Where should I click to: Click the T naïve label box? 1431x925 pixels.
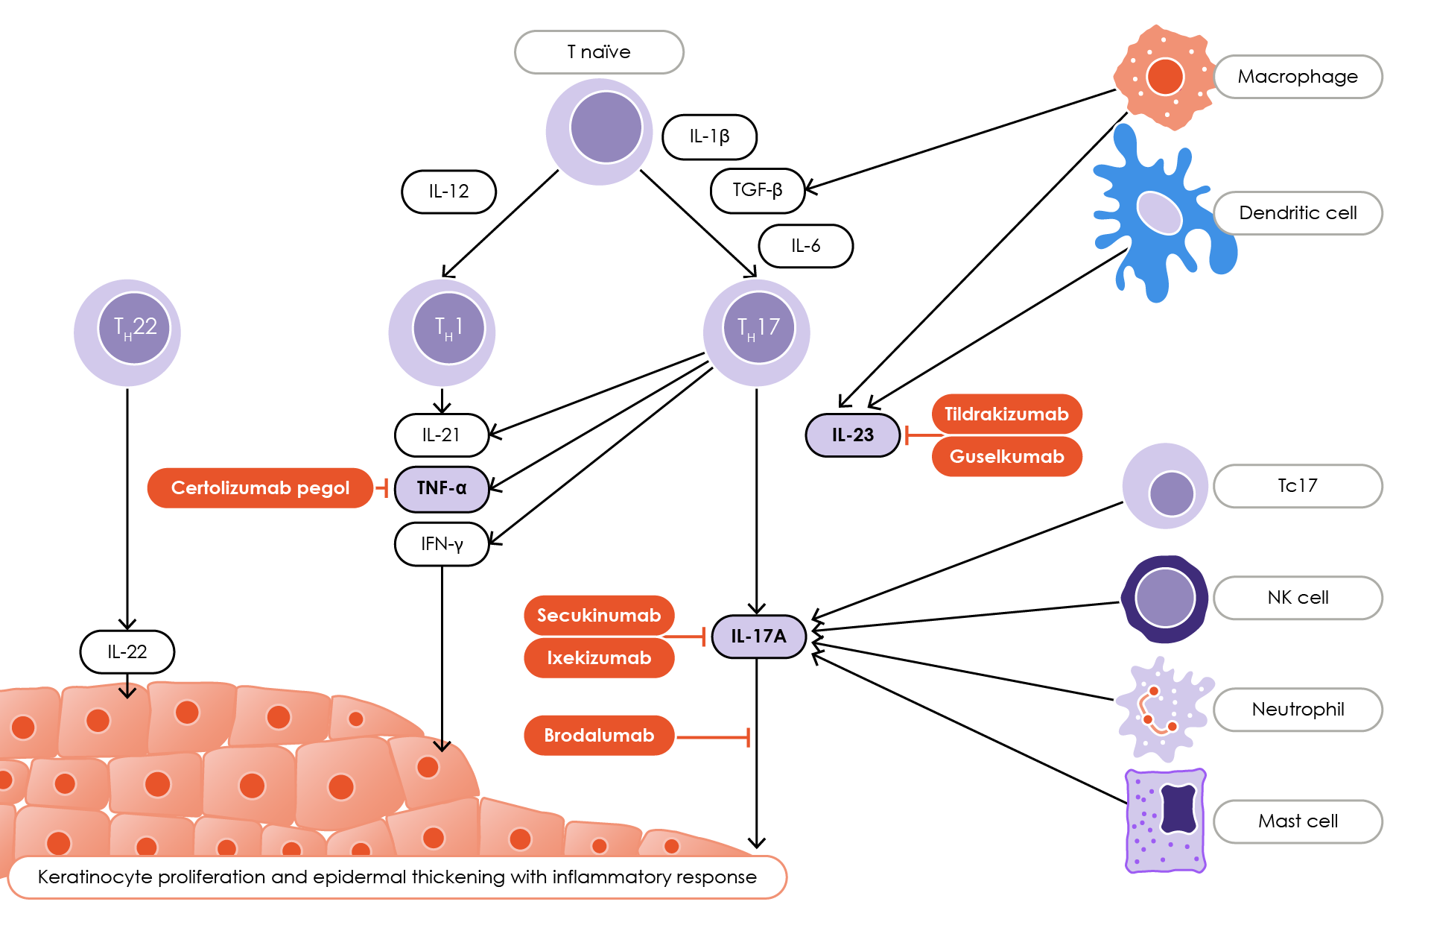(599, 52)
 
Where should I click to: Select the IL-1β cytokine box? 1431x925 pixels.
(709, 136)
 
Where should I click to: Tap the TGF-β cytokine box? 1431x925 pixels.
(758, 190)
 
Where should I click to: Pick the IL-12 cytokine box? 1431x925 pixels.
(448, 192)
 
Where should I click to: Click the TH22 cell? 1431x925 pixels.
(127, 332)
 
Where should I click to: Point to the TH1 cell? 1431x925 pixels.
(442, 332)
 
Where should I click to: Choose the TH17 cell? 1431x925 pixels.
(757, 332)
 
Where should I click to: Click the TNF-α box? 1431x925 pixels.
(442, 488)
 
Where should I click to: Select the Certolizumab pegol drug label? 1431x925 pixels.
(260, 488)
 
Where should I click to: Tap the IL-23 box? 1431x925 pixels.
(853, 435)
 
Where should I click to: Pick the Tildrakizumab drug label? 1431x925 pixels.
(1006, 414)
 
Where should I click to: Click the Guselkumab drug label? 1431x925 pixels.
(1006, 457)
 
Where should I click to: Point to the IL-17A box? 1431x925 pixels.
(758, 637)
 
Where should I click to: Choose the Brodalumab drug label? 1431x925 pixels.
(599, 736)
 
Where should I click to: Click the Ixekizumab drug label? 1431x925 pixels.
(599, 658)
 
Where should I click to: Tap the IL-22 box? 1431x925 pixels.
(127, 652)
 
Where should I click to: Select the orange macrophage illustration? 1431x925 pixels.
(1164, 77)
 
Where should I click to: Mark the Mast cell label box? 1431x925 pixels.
(1298, 821)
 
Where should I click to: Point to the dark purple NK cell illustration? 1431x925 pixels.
(1165, 599)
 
